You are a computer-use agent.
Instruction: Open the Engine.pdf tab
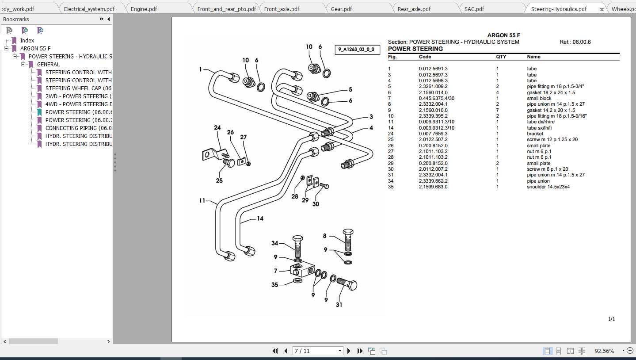point(144,9)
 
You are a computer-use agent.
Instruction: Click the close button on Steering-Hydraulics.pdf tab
point(602,9)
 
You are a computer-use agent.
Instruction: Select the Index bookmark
point(27,40)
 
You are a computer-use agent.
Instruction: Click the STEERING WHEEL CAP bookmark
point(78,88)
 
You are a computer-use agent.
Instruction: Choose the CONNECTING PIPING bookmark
point(78,128)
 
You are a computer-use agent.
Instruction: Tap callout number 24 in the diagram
point(217,128)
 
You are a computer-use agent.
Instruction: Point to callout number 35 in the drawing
point(275,285)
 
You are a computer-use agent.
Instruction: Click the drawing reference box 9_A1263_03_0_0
point(356,49)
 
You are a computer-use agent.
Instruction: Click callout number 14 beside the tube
point(260,218)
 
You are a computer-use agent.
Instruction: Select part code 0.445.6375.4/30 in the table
point(436,98)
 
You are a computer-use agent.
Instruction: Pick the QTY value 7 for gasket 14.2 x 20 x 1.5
point(497,110)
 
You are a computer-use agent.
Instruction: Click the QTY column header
point(501,57)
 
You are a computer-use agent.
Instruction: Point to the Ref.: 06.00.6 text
point(575,42)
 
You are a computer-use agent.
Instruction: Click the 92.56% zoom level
point(604,351)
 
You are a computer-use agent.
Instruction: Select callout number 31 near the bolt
point(339,304)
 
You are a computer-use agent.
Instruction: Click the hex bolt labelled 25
point(229,163)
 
